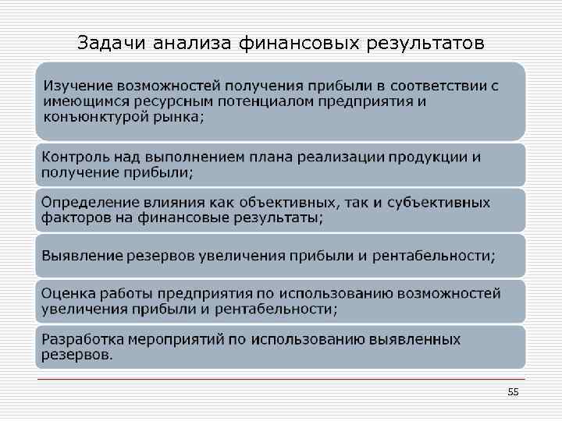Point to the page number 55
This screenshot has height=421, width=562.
click(513, 392)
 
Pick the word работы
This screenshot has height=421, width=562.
click(125, 294)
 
